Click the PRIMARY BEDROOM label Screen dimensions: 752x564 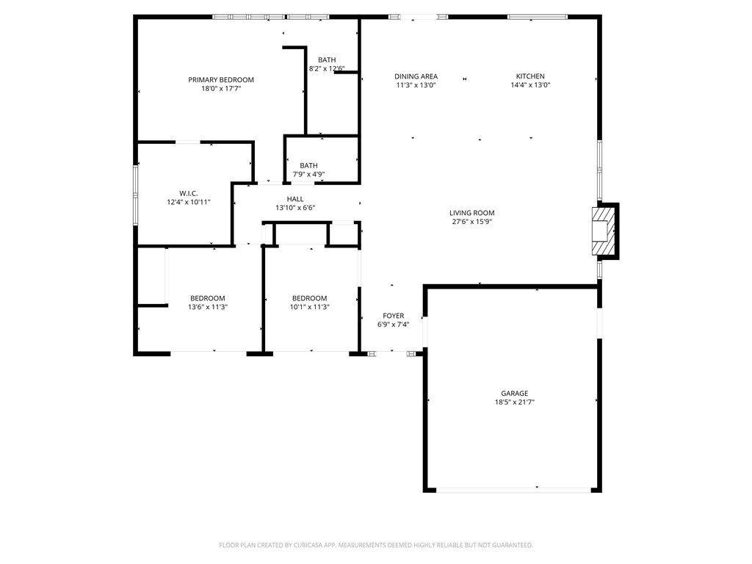click(x=220, y=79)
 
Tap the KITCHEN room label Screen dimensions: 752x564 click(x=530, y=76)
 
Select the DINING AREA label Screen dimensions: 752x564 click(x=416, y=76)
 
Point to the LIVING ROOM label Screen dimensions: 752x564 click(x=472, y=212)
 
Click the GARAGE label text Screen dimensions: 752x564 click(x=515, y=394)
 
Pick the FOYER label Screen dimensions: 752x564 click(x=394, y=316)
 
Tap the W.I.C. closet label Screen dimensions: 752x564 click(x=189, y=193)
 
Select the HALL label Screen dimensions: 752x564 click(x=295, y=199)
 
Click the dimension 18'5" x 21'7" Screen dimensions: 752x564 click(x=515, y=402)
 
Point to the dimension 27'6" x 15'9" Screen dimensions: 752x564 click(x=472, y=222)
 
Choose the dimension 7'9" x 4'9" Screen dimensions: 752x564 click(x=309, y=174)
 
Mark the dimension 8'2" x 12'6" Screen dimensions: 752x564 click(x=327, y=68)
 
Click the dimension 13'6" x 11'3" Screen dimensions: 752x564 click(x=208, y=307)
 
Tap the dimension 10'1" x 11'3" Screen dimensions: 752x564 click(x=309, y=307)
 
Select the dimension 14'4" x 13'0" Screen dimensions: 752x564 click(x=530, y=85)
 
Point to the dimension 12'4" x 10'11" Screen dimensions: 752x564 click(x=189, y=203)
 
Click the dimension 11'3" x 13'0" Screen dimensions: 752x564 click(x=416, y=85)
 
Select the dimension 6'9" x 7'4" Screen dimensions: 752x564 click(x=394, y=324)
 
